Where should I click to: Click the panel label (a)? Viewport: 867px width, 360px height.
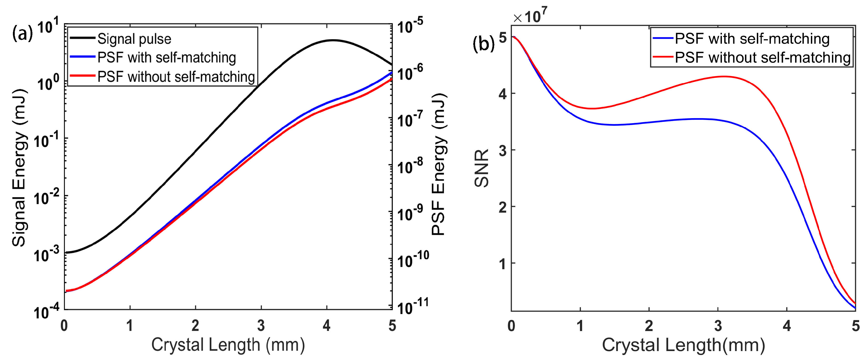coord(22,34)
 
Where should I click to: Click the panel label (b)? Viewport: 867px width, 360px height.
coord(484,44)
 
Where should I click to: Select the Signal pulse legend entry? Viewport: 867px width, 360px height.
coord(134,39)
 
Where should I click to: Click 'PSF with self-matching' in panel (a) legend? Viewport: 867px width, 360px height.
coord(166,58)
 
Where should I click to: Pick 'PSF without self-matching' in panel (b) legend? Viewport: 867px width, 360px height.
coord(763,58)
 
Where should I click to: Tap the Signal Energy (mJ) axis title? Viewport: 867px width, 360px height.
coord(19,168)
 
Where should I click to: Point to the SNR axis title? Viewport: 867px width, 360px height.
coord(481,168)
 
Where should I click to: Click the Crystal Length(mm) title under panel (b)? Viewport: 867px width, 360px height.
coord(683,345)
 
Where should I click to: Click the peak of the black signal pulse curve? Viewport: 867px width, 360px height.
coord(333,40)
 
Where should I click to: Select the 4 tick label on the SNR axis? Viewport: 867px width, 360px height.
coord(503,94)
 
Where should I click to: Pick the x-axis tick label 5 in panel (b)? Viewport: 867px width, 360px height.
coord(855,326)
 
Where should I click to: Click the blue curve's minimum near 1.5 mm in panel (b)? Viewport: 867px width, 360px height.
coord(614,125)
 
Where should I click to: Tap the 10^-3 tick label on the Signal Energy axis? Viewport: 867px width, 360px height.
coord(46,254)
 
